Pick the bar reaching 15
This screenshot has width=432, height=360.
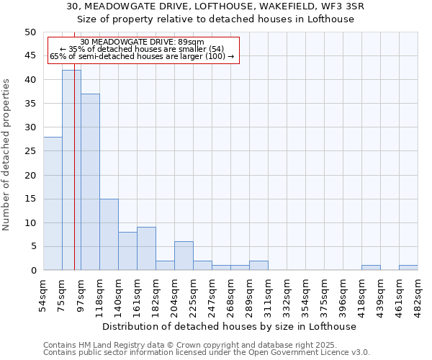(109, 235)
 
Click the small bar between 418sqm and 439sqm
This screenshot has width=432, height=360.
(371, 268)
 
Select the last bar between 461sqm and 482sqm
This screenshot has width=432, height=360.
(408, 268)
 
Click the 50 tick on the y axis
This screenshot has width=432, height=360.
(30, 32)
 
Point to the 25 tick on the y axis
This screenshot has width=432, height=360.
(30, 151)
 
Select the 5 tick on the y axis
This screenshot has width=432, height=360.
(33, 246)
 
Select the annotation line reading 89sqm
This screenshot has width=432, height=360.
(142, 42)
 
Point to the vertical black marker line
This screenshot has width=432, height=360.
(74, 180)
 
